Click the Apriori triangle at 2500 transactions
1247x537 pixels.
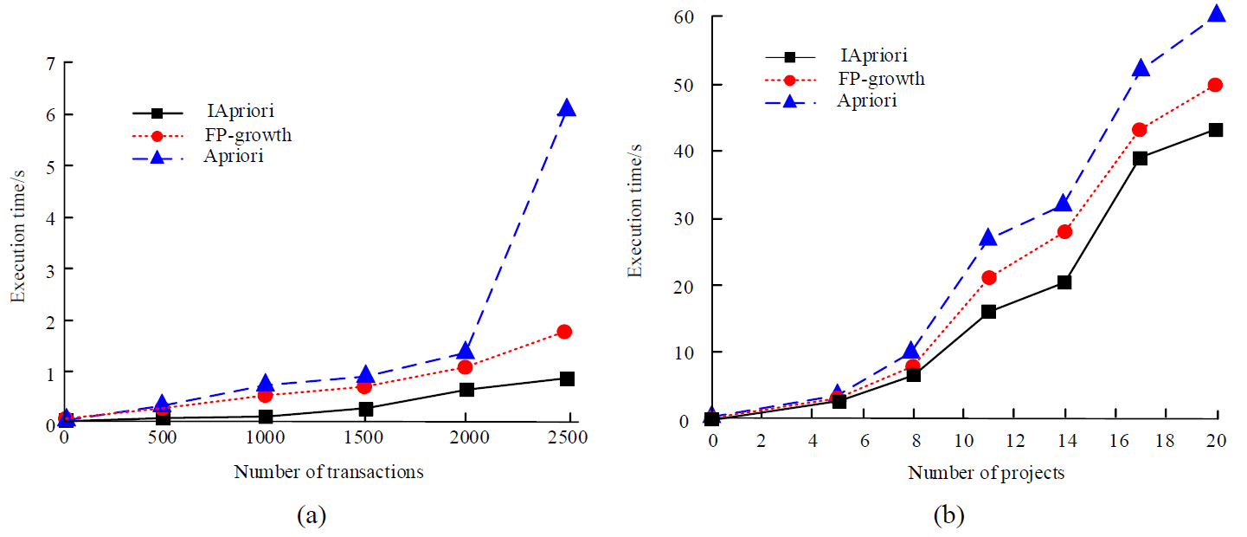coord(567,107)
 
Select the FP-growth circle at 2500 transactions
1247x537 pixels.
coord(564,332)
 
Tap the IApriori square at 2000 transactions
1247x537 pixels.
coord(466,390)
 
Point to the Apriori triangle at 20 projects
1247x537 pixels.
coord(1216,14)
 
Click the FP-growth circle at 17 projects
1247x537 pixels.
coord(1140,130)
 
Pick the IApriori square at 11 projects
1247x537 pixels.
coord(988,312)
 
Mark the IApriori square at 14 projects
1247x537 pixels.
coord(1064,282)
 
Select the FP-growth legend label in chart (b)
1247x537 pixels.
coord(883,79)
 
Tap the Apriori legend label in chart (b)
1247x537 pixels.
coord(867,100)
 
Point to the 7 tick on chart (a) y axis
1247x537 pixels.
coord(53,62)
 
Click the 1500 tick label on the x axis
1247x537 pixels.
coord(365,439)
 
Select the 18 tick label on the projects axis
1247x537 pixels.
coord(1165,441)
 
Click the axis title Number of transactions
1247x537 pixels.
coord(329,472)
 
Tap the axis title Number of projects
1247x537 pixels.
coord(986,473)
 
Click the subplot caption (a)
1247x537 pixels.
coord(312,517)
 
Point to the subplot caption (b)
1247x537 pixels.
coord(949,517)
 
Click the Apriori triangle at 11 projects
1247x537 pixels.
coord(988,238)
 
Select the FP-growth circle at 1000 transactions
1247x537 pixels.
coord(266,395)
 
